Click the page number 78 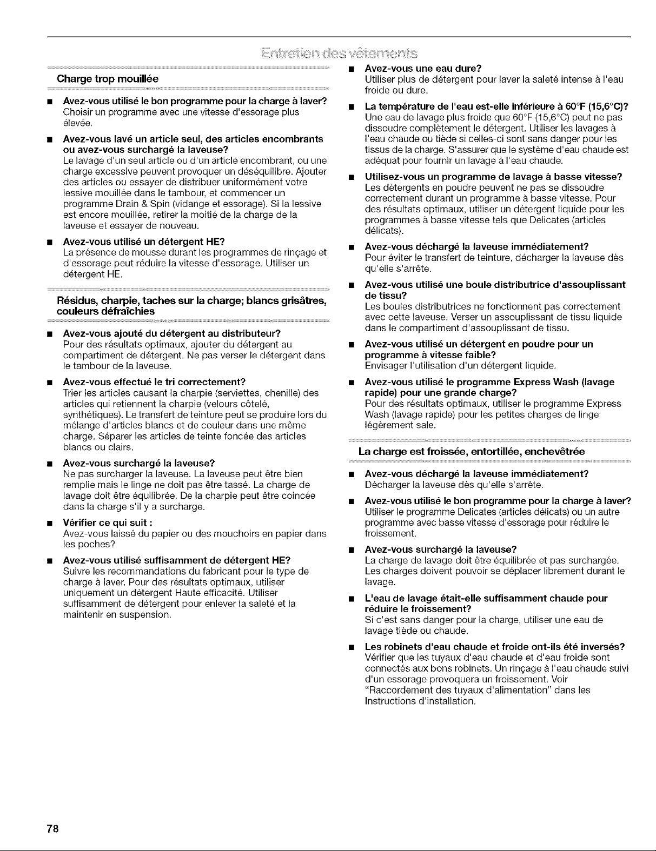pyautogui.click(x=53, y=829)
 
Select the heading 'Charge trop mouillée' pyautogui.click(x=104, y=78)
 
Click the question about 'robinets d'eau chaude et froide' pyautogui.click(x=495, y=646)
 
